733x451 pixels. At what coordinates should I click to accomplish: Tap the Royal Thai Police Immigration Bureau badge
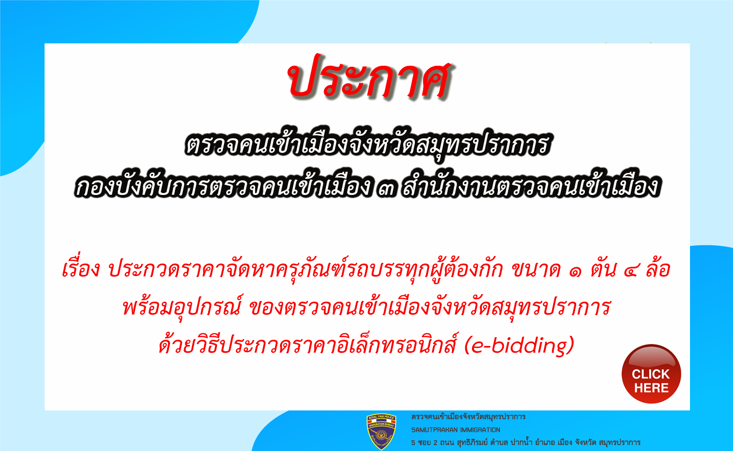tap(381, 431)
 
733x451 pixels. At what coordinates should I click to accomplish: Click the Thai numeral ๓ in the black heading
tap(386, 189)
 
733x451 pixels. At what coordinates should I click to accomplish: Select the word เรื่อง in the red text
tap(81, 269)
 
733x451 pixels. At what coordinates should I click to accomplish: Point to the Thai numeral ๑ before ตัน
tap(575, 271)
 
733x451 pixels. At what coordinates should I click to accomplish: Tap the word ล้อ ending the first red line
tap(658, 269)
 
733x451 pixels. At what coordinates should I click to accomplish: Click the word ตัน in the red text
tap(603, 269)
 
